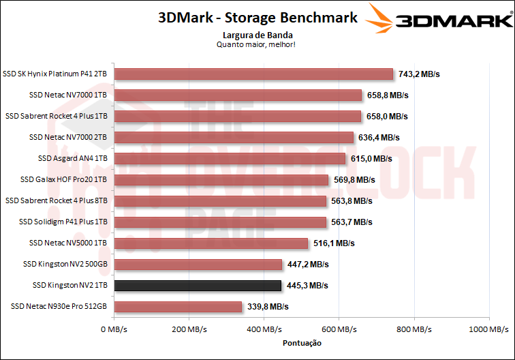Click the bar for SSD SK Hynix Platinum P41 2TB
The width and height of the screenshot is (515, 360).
pos(253,74)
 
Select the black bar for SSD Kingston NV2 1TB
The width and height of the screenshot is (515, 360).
pos(198,286)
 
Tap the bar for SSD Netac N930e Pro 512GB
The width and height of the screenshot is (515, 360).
pos(178,307)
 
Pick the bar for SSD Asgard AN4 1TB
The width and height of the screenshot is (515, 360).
pos(230,159)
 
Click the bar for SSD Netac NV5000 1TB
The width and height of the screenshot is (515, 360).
pos(211,243)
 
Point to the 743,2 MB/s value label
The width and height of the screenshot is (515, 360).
pos(420,74)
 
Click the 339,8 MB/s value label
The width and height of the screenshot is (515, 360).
pos(267,307)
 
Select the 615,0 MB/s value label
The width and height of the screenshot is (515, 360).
pos(371,159)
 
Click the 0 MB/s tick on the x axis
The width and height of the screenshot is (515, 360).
pos(114,329)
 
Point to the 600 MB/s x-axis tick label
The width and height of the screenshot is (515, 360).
pos(339,329)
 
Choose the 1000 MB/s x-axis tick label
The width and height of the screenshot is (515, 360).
pos(488,329)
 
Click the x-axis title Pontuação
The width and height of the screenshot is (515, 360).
pos(300,343)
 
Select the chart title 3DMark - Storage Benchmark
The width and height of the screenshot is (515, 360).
pos(257,18)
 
